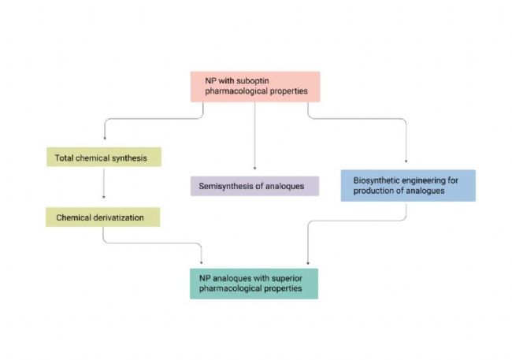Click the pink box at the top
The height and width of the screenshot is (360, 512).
255,86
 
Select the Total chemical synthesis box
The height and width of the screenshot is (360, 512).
103,158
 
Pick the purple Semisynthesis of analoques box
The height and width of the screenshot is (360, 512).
254,186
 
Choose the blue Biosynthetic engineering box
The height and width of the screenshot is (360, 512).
407,185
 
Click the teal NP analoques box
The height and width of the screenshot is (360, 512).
254,283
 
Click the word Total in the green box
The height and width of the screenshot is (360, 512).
65,158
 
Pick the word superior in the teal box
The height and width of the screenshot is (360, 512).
281,278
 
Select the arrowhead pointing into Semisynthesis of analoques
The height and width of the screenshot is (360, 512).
254,168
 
